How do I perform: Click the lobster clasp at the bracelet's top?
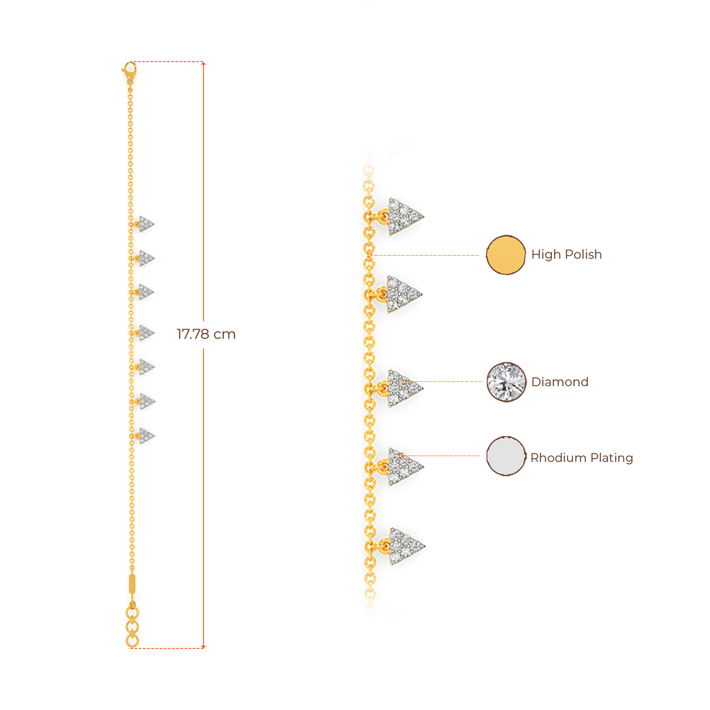point(128,69)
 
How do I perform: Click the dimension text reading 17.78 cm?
point(206,334)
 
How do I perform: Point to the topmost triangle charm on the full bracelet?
point(146,224)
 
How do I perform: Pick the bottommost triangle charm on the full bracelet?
point(146,435)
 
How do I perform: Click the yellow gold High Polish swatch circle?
point(505,254)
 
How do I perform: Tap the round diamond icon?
point(506,381)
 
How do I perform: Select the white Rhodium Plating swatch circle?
point(506,456)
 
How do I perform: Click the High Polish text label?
point(567,254)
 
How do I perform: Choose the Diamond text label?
point(560,381)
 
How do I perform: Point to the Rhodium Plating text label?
point(582,458)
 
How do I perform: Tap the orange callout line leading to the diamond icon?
point(451,381)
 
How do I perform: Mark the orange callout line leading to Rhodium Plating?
point(444,456)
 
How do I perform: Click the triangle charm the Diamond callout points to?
point(404,388)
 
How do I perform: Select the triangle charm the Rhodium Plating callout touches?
point(404,466)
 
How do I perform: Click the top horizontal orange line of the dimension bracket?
point(170,62)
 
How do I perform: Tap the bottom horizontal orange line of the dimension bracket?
point(170,648)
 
